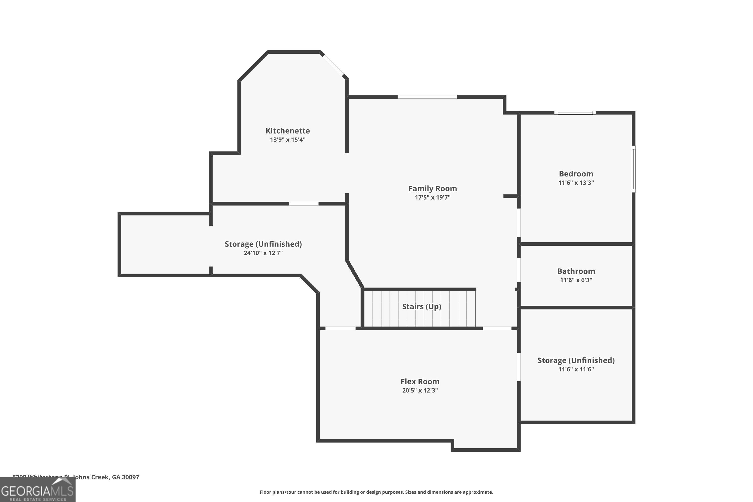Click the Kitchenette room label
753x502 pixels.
coord(287,131)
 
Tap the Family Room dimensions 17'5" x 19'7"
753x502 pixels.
coord(432,198)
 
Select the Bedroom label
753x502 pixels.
coord(576,174)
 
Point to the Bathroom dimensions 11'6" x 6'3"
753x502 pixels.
coord(576,280)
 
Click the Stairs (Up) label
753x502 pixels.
coord(421,306)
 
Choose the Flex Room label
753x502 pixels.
coord(420,382)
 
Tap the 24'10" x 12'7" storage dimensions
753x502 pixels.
coord(263,253)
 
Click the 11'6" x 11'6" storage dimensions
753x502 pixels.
coord(576,369)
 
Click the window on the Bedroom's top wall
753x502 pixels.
coord(575,113)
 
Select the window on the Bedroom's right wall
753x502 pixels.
coord(633,169)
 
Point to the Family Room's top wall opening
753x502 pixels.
coord(427,97)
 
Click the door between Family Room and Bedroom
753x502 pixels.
coord(519,223)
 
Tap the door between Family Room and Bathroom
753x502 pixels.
coord(519,270)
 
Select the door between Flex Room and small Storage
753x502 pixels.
coord(519,367)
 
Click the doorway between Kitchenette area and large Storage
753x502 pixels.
coord(303,204)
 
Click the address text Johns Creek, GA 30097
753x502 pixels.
coord(106,477)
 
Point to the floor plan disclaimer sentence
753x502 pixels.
coord(376,492)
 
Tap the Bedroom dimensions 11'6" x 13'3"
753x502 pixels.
coord(576,183)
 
